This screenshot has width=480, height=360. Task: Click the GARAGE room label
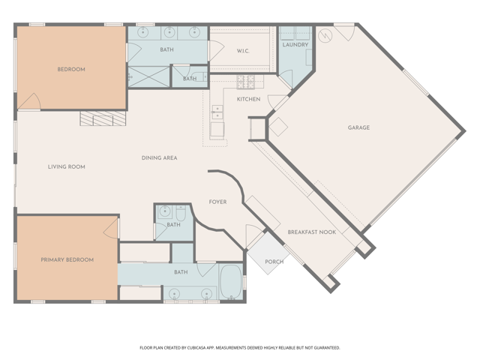(x=358, y=127)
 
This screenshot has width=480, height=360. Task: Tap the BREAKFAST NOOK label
(x=312, y=232)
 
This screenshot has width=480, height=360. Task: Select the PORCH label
(x=274, y=262)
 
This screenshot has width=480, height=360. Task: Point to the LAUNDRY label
(x=295, y=45)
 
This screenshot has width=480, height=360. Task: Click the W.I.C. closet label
(x=243, y=51)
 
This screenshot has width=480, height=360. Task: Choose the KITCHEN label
(x=248, y=99)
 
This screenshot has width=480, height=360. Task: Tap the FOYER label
(x=217, y=202)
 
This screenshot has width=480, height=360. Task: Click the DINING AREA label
(x=159, y=158)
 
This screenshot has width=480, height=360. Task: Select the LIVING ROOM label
(x=67, y=166)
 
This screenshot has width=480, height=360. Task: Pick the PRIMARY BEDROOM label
(x=67, y=260)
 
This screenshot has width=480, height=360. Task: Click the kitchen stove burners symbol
(x=246, y=82)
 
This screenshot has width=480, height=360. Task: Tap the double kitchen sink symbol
(x=217, y=112)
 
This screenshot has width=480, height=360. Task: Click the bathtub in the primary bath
(x=231, y=282)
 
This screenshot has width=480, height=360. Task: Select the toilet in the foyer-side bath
(x=181, y=213)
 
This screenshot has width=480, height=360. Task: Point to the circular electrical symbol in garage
(x=325, y=36)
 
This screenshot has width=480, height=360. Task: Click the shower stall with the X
(x=148, y=76)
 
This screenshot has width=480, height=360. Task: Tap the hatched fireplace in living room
(x=103, y=118)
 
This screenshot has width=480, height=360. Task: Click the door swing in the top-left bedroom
(x=30, y=101)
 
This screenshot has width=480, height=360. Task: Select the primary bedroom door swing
(x=111, y=228)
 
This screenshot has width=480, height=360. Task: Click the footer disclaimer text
(x=240, y=348)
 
